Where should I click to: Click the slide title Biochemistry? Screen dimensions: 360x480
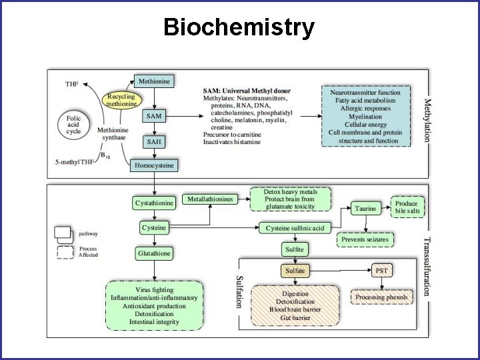(239, 27)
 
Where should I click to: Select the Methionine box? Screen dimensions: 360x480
(154, 81)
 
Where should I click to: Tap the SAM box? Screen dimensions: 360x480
(154, 116)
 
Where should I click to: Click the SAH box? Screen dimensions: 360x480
(154, 142)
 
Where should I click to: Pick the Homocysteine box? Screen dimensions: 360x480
(154, 165)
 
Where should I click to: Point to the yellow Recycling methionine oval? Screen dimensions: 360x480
(122, 101)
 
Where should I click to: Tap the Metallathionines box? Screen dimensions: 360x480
(210, 199)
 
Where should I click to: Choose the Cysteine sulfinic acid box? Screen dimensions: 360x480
(295, 229)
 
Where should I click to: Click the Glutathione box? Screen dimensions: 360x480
(154, 253)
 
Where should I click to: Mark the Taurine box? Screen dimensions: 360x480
(365, 209)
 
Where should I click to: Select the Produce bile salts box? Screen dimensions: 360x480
(406, 207)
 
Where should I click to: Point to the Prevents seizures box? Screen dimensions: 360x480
(366, 239)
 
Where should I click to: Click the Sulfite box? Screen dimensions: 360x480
(295, 249)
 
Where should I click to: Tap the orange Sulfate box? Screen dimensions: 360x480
(295, 271)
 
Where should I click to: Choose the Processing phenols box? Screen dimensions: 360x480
(382, 297)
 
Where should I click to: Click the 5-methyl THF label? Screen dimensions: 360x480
(74, 162)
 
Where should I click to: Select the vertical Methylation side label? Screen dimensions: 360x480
(428, 120)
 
